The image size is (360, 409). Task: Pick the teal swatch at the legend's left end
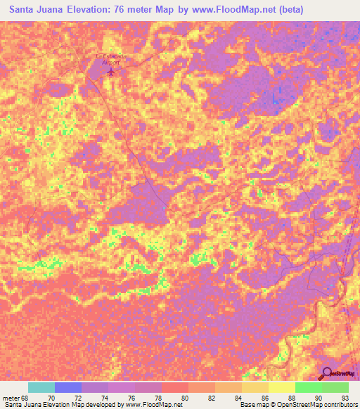click(41, 387)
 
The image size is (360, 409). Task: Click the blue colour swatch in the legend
click(68, 387)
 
